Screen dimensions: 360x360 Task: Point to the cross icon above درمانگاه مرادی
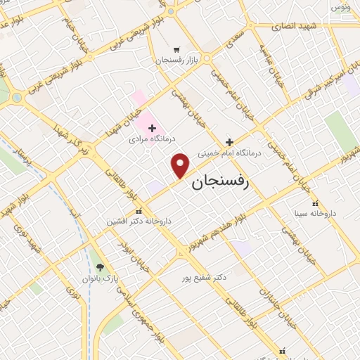(152, 127)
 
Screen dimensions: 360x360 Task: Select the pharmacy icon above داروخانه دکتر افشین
(139, 210)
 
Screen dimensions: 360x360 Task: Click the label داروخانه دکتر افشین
(139, 221)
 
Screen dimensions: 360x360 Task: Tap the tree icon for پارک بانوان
(100, 266)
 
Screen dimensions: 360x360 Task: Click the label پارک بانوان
(99, 278)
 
